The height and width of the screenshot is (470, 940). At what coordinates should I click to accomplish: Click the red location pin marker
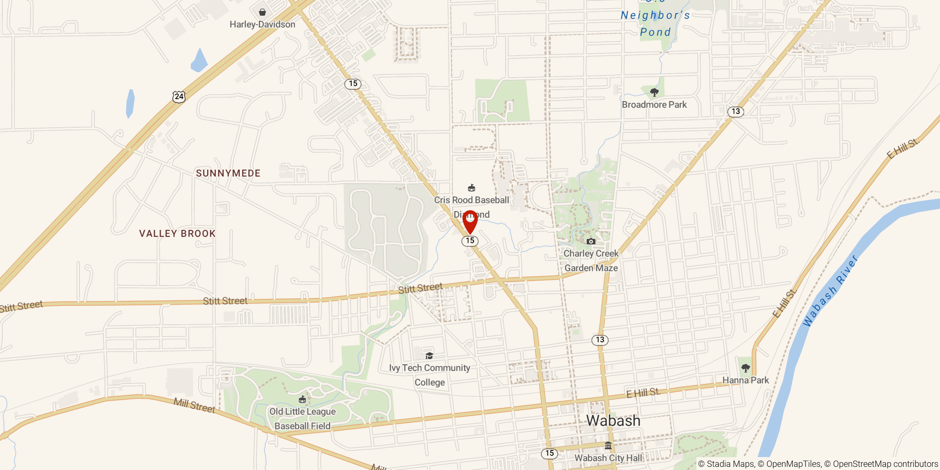pos(470,221)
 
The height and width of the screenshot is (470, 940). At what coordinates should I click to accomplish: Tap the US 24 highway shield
pos(179,96)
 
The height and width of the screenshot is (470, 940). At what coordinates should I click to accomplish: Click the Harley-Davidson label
pos(262,24)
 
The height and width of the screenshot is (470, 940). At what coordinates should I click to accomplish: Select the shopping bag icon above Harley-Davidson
pos(262,12)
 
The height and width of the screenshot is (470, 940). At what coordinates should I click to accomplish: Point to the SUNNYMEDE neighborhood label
pos(228,173)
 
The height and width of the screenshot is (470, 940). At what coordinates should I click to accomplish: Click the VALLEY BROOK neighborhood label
pos(177,233)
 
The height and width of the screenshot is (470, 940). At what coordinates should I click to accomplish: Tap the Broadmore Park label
pos(654,105)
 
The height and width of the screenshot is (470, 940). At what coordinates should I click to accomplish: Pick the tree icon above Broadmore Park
pos(654,92)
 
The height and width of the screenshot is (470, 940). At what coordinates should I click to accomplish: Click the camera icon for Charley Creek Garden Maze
pos(591,241)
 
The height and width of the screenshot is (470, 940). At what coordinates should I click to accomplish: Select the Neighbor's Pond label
pos(655,23)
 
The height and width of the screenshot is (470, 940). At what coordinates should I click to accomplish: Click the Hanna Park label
pos(745,380)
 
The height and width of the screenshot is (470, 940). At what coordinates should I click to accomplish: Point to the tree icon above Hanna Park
pos(745,368)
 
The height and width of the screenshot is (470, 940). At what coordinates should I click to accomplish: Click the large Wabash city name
pos(613,421)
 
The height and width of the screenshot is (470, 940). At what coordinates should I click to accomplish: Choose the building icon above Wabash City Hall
pos(608,446)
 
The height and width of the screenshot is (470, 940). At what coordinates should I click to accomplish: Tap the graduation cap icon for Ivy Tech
pos(429,356)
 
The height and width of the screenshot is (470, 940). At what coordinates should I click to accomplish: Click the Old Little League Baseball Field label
pos(302,419)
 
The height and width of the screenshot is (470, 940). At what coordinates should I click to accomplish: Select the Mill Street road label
pos(194,405)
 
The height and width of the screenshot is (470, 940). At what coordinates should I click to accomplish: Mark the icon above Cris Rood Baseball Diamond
pos(472,188)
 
